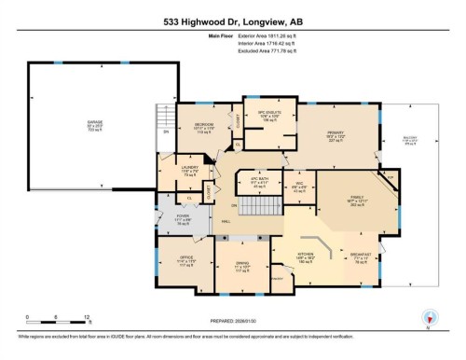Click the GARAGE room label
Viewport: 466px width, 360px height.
93,125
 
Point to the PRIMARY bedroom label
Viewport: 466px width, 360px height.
336,140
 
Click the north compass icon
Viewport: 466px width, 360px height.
428,316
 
